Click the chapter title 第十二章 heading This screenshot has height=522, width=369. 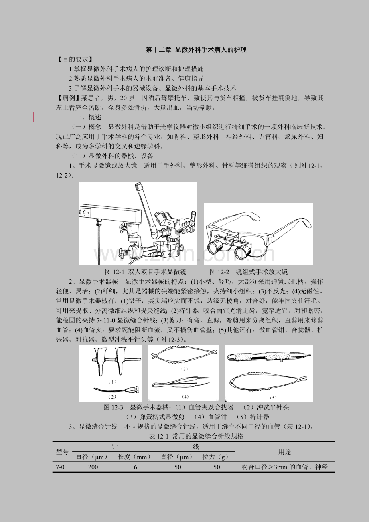click(196, 50)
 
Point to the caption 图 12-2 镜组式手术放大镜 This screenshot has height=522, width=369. click(248, 272)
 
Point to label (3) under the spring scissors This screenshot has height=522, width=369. click(184, 369)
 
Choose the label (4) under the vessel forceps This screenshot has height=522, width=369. click(185, 397)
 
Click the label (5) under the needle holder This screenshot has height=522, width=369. click(273, 398)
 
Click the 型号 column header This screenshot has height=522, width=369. click(62, 452)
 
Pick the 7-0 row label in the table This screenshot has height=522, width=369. click(60, 467)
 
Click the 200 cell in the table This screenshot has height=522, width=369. click(93, 467)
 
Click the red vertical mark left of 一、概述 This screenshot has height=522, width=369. click(34, 117)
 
